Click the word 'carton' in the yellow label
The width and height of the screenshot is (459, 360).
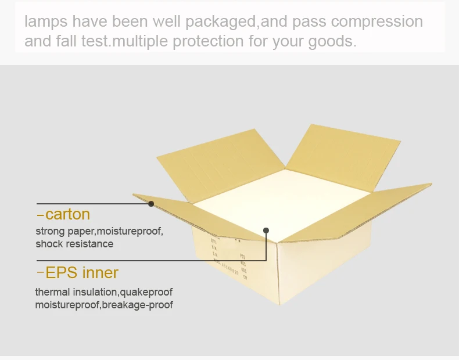click(67, 214)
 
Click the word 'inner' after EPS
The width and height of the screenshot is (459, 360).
click(99, 272)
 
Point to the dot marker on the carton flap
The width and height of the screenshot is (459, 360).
click(151, 203)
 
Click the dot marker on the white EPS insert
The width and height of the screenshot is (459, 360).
click(267, 231)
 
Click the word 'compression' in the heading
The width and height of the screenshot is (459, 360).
click(376, 22)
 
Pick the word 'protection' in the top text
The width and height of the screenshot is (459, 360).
click(205, 42)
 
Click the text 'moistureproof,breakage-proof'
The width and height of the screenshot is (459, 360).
click(104, 305)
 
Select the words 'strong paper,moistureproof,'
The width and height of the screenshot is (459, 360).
click(99, 231)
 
